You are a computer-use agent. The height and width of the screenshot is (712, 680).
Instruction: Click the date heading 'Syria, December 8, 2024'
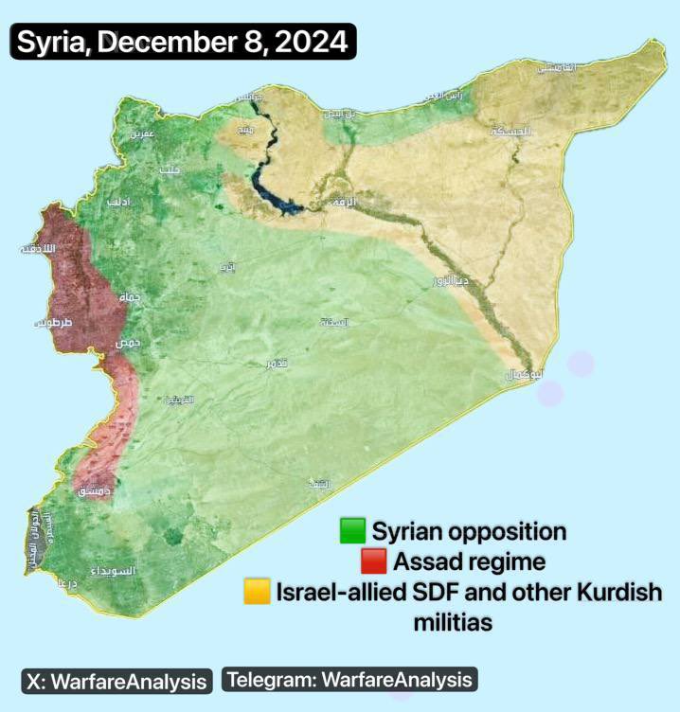point(183,43)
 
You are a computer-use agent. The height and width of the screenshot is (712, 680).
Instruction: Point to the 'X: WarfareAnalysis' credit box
point(116,680)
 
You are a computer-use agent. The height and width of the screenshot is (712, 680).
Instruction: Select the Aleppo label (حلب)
point(170,169)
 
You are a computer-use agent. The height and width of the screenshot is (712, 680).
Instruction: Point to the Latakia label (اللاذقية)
point(38,248)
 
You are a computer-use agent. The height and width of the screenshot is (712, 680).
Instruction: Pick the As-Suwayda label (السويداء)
point(113,572)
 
